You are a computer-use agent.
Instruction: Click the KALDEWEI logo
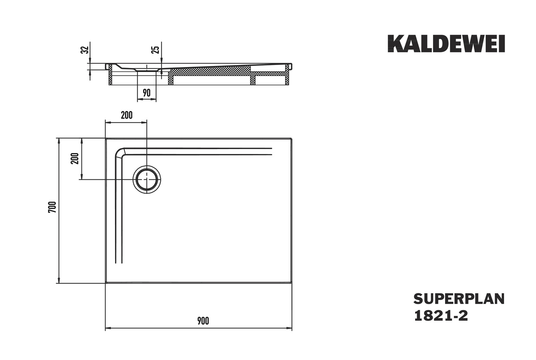(x=446, y=44)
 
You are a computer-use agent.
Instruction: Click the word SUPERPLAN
(x=459, y=299)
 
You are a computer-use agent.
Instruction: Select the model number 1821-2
(x=441, y=316)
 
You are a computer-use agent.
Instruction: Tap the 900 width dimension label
(x=203, y=321)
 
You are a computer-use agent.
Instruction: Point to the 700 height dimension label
(x=52, y=207)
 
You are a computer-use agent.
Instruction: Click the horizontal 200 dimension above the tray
(x=127, y=115)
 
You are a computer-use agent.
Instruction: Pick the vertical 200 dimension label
(x=75, y=158)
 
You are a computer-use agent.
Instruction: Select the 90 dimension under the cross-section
(x=147, y=93)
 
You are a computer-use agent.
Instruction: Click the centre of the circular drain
(x=147, y=180)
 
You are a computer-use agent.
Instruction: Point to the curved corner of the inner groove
(x=120, y=152)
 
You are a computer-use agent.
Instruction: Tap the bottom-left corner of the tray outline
(x=106, y=283)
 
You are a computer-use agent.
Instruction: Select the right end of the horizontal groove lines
(x=272, y=152)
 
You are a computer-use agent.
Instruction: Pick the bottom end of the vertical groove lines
(x=119, y=263)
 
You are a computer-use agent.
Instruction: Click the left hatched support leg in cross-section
(x=110, y=74)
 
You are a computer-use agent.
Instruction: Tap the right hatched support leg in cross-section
(x=287, y=74)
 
